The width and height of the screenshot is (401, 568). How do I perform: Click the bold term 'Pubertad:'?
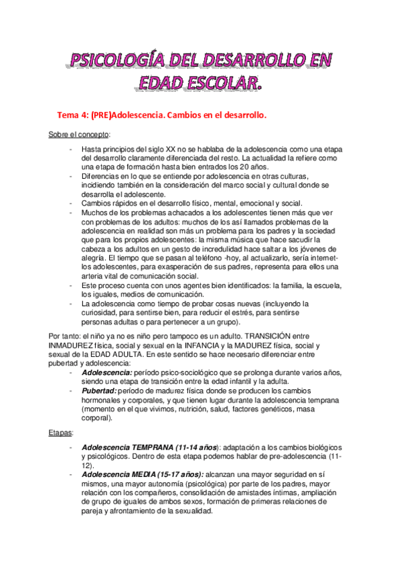pos(101,390)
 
